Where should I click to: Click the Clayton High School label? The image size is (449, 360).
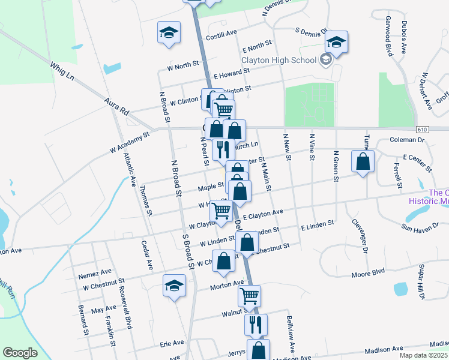[x=279, y=60]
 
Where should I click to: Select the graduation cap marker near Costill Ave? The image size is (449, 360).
[x=169, y=32]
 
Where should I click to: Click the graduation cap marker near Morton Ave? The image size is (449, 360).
[x=175, y=286]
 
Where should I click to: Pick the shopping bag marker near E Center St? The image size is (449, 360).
[x=363, y=161]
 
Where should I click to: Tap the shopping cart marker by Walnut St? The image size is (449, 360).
[x=249, y=296]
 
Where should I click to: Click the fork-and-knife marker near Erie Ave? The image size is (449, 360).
[x=256, y=325]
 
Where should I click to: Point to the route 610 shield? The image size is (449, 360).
[x=422, y=130]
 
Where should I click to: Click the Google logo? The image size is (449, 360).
[x=20, y=353]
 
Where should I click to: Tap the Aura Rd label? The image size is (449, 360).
[x=116, y=107]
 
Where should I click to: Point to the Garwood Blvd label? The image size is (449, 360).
[x=389, y=37]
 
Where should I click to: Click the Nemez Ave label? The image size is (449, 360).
[x=95, y=272]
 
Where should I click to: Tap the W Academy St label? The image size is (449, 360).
[x=129, y=143]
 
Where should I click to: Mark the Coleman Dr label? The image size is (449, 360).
[x=408, y=140]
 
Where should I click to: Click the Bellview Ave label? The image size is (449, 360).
[x=291, y=334]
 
